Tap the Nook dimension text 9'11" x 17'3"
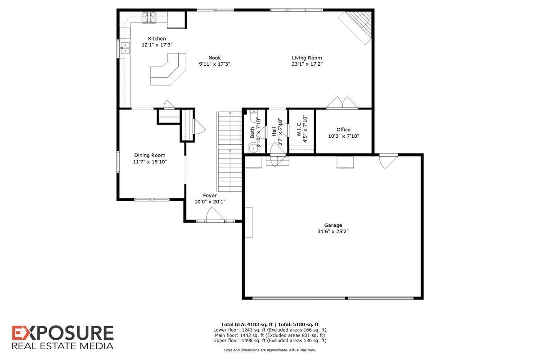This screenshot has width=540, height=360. coord(215,64)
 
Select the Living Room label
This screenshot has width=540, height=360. coord(307,58)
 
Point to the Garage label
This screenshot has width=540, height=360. coord(333,225)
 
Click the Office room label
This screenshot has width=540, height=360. coord(343,130)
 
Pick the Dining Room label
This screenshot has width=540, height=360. coord(149,155)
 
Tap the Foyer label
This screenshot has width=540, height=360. coord(210,196)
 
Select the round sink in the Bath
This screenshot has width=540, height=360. coord(251,147)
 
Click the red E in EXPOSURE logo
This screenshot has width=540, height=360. coord(20,333)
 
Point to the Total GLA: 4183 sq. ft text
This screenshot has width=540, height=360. coord(247,324)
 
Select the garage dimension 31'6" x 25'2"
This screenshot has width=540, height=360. coord(333,232)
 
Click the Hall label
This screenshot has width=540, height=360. coord(274,132)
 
